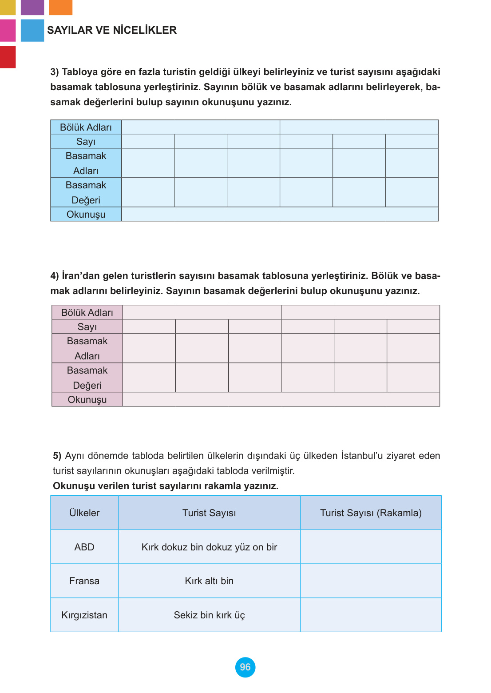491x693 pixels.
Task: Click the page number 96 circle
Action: [245, 667]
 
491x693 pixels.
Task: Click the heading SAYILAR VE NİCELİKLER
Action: [112, 30]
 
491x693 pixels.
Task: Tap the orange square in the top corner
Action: [60, 7]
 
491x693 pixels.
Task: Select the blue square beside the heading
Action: [32, 30]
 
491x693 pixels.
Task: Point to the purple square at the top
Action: [32, 7]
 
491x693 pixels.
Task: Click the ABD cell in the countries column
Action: [84, 547]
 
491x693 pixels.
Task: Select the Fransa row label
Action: [84, 581]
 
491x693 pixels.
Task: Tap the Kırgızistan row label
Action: [84, 615]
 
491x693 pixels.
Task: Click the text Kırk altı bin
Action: [209, 581]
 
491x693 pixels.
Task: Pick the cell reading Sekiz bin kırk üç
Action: [209, 615]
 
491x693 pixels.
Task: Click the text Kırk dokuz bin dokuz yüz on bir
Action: [209, 547]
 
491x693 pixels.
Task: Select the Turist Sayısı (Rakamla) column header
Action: [371, 513]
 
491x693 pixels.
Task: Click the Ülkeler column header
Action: [84, 513]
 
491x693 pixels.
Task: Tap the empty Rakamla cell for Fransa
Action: [371, 581]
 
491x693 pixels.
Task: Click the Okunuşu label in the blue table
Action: [86, 214]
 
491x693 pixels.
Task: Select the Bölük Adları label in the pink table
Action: [87, 312]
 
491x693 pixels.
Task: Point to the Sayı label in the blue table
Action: [86, 141]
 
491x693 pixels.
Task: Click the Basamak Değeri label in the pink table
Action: [87, 378]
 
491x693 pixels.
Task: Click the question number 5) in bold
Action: [57, 456]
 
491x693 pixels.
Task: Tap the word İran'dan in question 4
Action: [81, 276]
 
